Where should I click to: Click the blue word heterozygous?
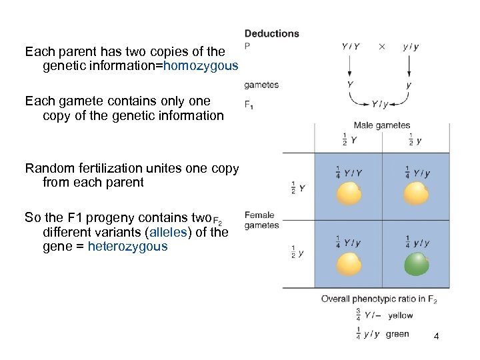pos(127,247)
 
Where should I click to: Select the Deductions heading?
pos(271,33)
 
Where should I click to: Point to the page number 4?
pos(436,336)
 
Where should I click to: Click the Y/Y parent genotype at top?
pos(350,47)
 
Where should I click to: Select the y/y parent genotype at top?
pos(411,47)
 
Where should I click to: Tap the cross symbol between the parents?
pos(381,47)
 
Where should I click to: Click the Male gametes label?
pos(381,125)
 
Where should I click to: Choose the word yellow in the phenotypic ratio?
pos(400,315)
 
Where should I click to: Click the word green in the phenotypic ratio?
pos(397,334)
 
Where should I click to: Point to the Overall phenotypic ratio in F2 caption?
pos(379,299)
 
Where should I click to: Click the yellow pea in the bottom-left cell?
pos(349,265)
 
